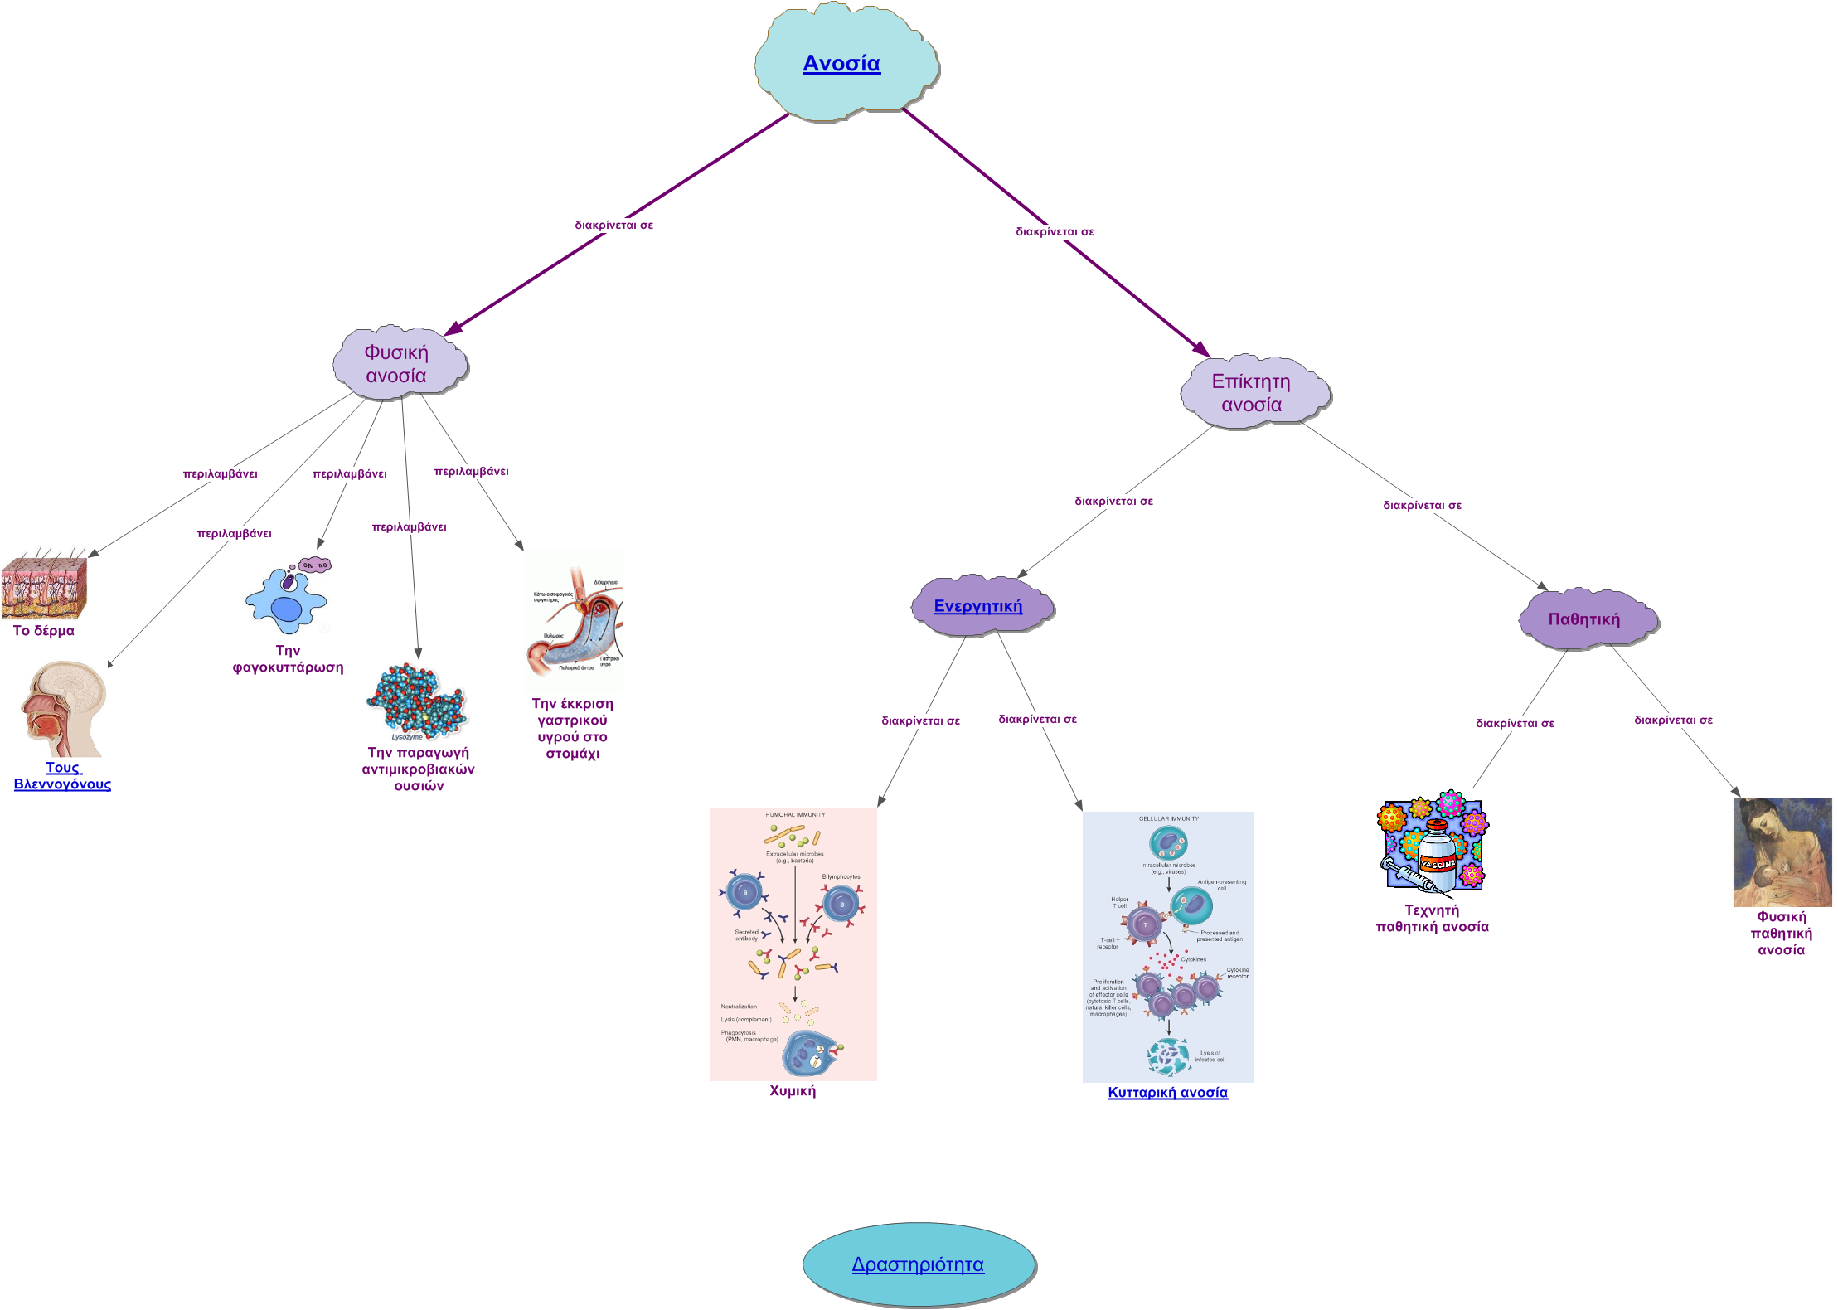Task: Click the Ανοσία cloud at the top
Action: [842, 63]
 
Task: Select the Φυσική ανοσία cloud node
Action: [397, 364]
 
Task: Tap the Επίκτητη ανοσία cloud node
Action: [1252, 393]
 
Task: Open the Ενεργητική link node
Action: [978, 606]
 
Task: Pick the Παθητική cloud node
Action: [1583, 619]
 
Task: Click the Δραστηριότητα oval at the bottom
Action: [918, 1264]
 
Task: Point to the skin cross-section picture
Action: [44, 583]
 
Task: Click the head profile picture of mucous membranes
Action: [63, 709]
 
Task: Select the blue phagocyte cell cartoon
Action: [288, 595]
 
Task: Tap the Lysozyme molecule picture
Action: [419, 701]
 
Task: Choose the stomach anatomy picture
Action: [573, 622]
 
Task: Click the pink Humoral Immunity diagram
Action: [793, 944]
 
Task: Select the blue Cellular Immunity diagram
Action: [1168, 947]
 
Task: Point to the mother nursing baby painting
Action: [1782, 852]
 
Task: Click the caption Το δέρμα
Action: [44, 631]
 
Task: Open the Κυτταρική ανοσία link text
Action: [1168, 1093]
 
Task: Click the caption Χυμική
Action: [793, 1091]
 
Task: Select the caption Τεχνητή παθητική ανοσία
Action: [1433, 919]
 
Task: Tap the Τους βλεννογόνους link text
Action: [63, 776]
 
